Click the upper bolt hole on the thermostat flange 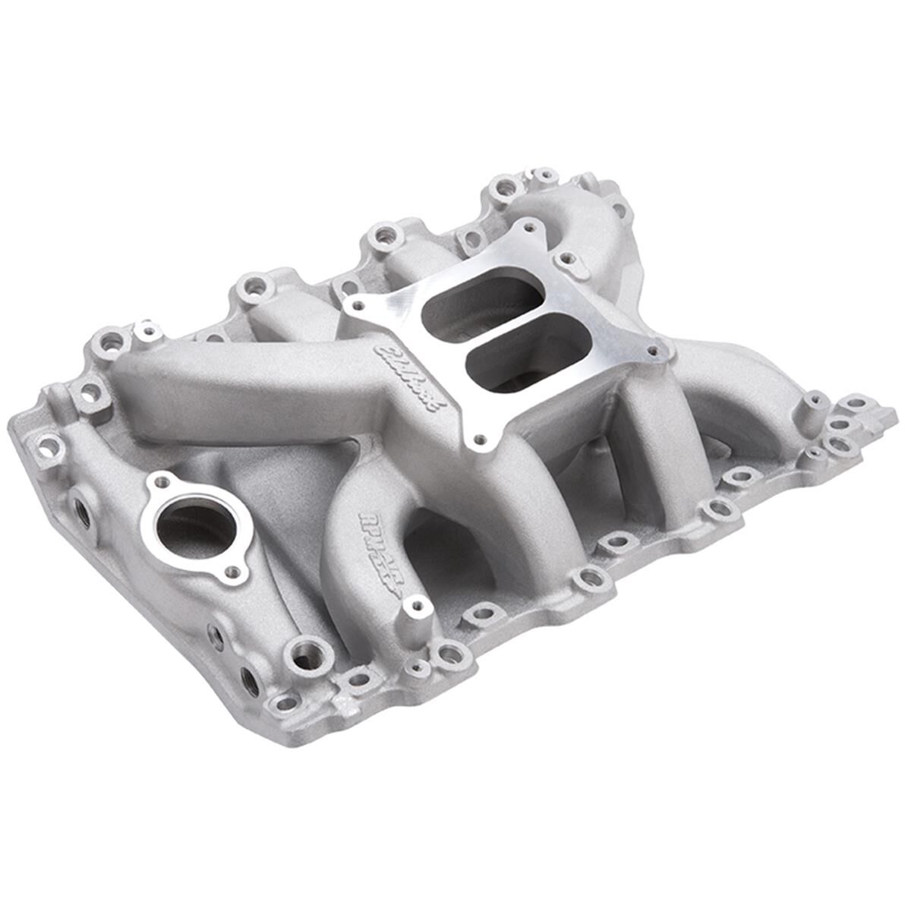(161, 481)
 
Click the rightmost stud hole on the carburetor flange (651, 351)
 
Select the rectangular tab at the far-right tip (884, 415)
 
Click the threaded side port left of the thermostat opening (83, 515)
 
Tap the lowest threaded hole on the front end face (249, 677)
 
